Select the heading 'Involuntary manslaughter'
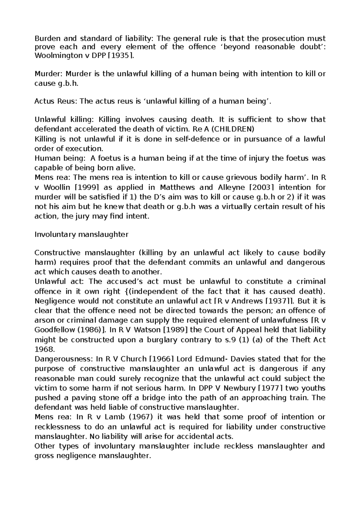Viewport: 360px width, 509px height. tap(82, 234)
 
